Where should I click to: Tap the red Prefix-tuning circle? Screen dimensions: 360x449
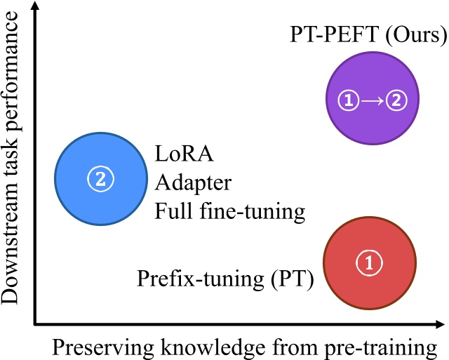(368, 263)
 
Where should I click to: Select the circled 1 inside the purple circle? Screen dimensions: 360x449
(349, 100)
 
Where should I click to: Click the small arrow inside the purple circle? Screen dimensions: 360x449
(373, 100)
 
